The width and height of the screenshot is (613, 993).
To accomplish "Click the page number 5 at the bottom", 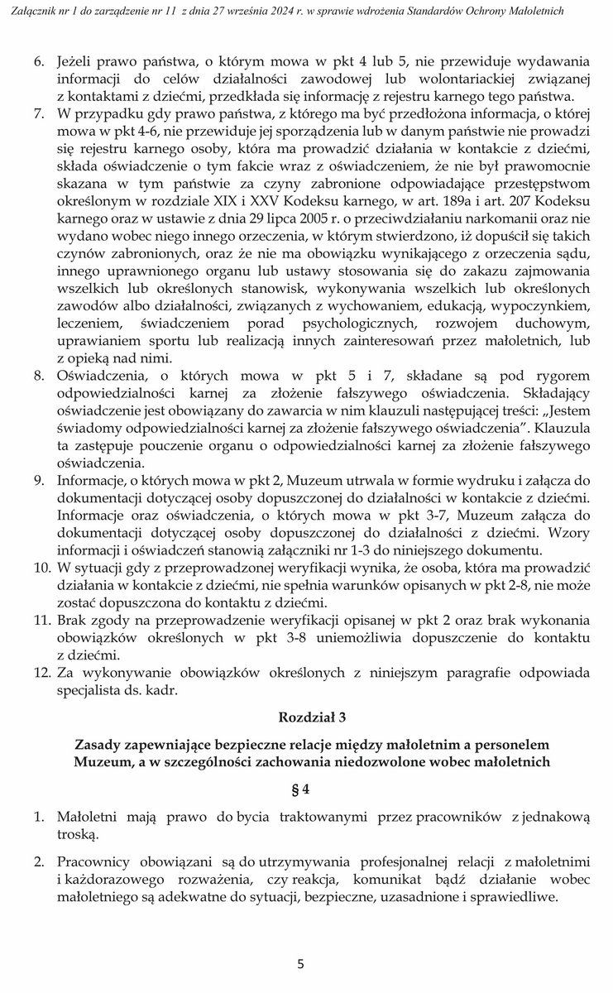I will click(x=301, y=963).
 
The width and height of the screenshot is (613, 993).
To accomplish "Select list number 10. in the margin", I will click(x=41, y=567).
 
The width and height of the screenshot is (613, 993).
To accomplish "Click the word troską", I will click(x=78, y=834).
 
